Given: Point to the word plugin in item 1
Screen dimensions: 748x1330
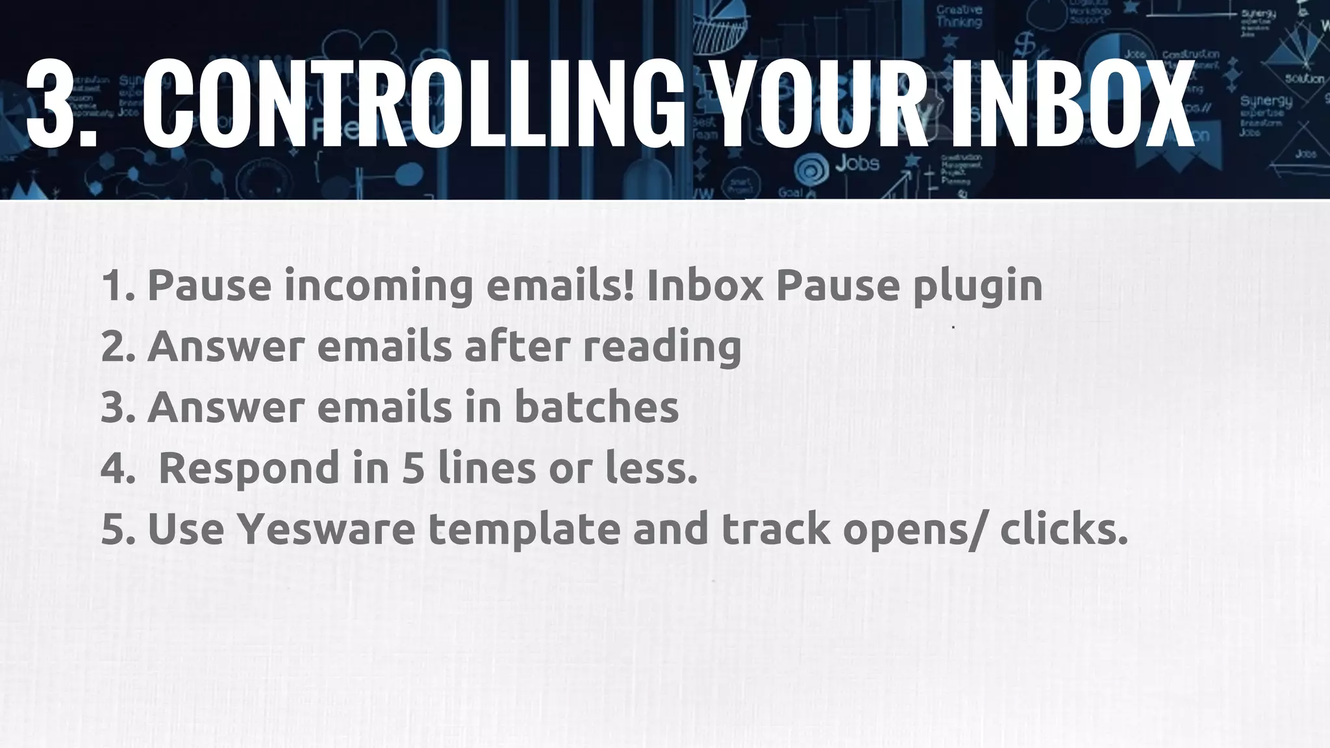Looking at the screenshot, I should pyautogui.click(x=977, y=286).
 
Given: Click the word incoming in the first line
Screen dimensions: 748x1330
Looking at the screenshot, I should pyautogui.click(x=379, y=286).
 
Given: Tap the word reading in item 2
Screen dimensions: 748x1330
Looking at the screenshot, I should pyautogui.click(x=662, y=347).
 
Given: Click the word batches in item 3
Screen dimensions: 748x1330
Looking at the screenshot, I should pyautogui.click(x=596, y=407).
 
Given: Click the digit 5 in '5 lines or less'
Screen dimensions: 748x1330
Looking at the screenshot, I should pyautogui.click(x=413, y=468).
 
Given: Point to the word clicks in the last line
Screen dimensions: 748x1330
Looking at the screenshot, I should pyautogui.click(x=1063, y=529).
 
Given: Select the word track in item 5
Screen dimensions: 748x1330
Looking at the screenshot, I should pyautogui.click(x=775, y=529).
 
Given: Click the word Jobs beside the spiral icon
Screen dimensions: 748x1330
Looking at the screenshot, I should pyautogui.click(x=857, y=164).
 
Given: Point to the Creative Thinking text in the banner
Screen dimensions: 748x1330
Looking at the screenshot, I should pyautogui.click(x=959, y=16).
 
